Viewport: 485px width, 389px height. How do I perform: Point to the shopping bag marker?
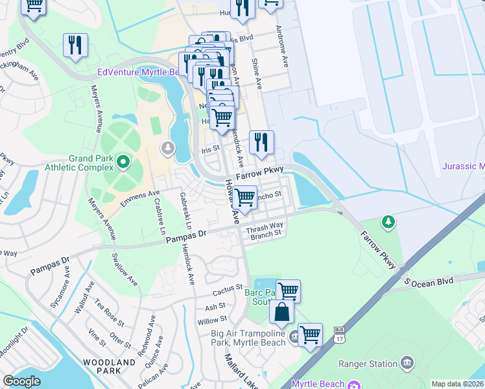click(x=282, y=312)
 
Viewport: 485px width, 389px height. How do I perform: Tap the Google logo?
click(x=21, y=381)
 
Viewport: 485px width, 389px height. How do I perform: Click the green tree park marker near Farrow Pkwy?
click(x=388, y=222)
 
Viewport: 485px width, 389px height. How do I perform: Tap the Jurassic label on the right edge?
click(x=463, y=166)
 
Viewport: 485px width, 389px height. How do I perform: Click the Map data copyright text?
click(x=457, y=384)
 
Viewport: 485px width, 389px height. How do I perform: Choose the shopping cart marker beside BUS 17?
click(x=311, y=335)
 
